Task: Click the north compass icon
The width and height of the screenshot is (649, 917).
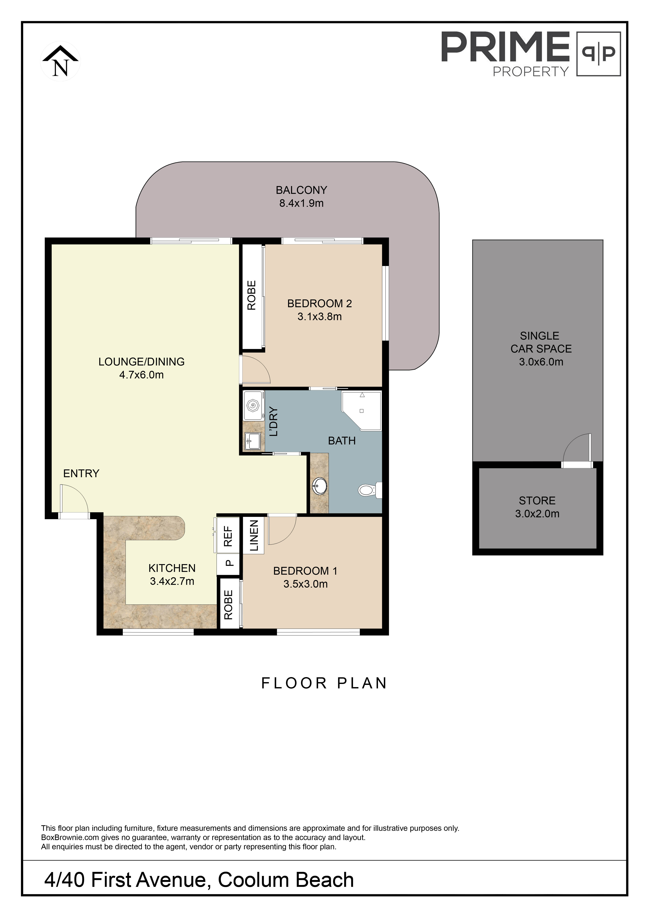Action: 60,62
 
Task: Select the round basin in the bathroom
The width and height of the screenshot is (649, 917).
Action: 319,486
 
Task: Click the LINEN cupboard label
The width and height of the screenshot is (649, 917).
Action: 254,536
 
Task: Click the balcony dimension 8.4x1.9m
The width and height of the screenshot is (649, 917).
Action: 301,203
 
